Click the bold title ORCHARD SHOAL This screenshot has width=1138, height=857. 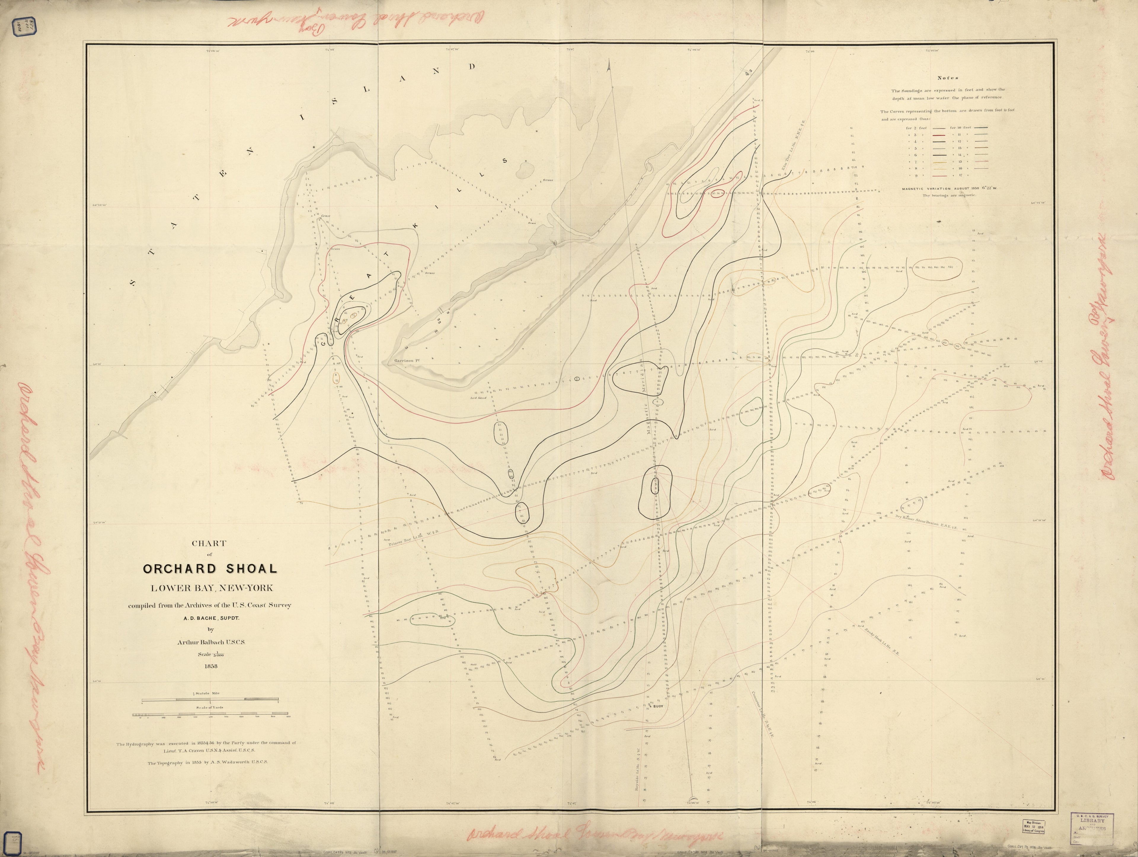click(x=210, y=569)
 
